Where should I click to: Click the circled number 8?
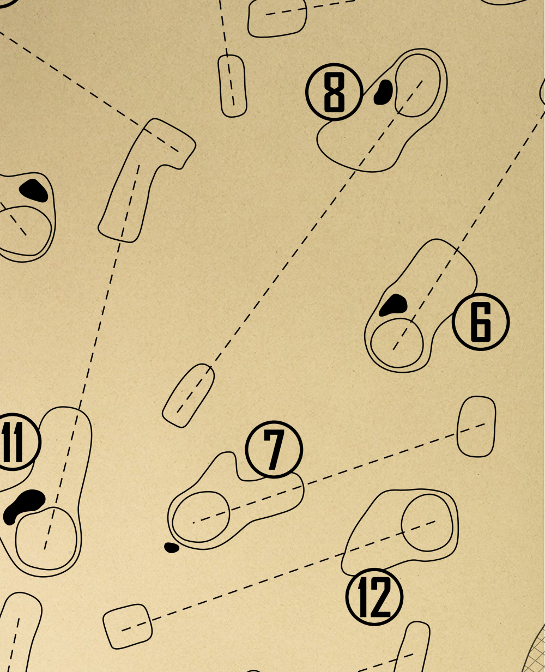point(334,92)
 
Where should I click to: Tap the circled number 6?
point(480,322)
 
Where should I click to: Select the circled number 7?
point(274,450)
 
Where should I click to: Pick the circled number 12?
point(374,596)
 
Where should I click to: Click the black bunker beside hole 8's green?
point(384,92)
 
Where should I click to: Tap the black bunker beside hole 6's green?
point(393,305)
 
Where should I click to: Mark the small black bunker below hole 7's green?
point(172,547)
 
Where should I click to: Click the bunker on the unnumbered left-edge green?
point(34,190)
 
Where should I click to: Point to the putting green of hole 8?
point(417,86)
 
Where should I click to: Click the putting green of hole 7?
point(201,517)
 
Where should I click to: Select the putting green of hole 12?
point(427,523)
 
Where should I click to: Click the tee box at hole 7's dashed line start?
point(476,426)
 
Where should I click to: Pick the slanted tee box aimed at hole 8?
point(189,395)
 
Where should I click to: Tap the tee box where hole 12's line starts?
point(128,626)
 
